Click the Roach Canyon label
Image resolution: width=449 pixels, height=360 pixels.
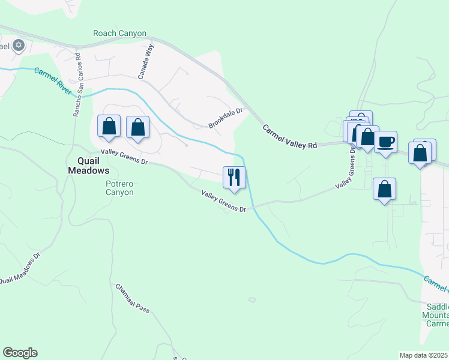pos(120,34)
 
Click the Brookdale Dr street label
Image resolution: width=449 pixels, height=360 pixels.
pos(225,118)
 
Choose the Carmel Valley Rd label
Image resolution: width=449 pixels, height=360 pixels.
pos(289,137)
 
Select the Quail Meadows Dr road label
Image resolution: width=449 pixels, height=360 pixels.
pos(19,268)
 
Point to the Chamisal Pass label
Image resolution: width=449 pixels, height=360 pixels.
pos(133,298)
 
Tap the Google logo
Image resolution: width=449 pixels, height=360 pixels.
pos(20,353)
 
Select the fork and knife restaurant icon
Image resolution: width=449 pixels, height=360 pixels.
pos(234,177)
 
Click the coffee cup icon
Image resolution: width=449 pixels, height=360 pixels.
pos(385,142)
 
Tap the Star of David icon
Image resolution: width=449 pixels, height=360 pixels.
pos(18,44)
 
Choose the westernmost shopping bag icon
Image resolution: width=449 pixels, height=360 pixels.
pos(109,126)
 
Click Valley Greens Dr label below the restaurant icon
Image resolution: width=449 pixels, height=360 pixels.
pos(224,201)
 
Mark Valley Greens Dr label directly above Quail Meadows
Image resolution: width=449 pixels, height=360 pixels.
pos(124,157)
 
